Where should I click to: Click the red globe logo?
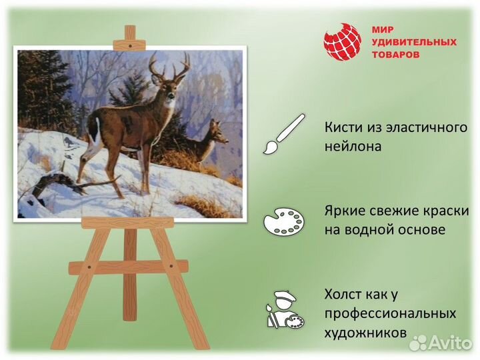(x=342, y=42)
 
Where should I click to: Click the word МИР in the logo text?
(x=382, y=29)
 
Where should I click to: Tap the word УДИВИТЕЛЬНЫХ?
(x=413, y=42)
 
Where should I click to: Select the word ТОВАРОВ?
(x=396, y=55)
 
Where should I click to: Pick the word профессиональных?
(x=391, y=313)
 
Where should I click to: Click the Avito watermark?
(x=441, y=342)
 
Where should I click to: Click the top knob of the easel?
(x=130, y=33)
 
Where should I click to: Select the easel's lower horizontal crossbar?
(x=129, y=267)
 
